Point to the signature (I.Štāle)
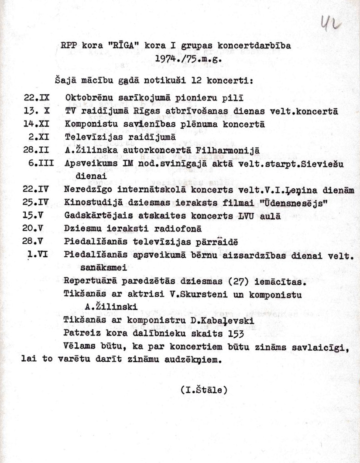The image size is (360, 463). pyautogui.click(x=203, y=390)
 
